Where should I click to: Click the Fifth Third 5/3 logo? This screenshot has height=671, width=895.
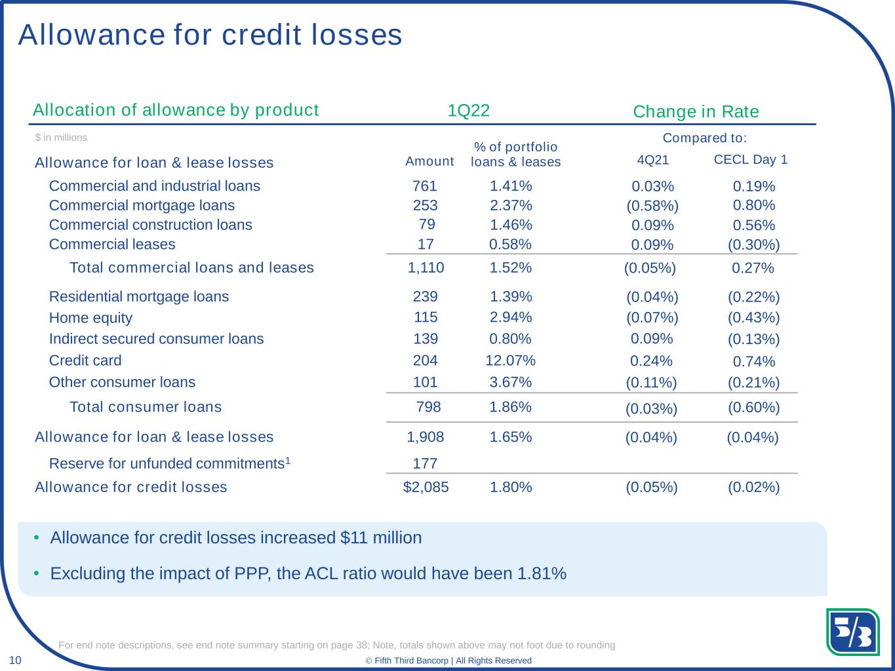(x=852, y=632)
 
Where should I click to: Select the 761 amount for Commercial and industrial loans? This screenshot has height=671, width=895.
(x=425, y=186)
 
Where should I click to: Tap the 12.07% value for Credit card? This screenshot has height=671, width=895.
(x=510, y=360)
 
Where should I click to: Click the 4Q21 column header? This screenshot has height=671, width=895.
(x=653, y=160)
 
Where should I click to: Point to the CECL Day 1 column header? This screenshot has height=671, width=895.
(x=751, y=159)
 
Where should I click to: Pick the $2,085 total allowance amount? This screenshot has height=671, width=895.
(x=426, y=488)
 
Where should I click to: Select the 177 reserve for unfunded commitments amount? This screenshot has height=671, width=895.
(x=425, y=464)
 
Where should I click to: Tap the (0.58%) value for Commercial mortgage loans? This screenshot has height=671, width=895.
(x=652, y=206)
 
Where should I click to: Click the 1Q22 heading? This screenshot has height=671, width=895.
(x=469, y=111)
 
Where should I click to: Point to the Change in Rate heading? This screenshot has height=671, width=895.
(x=696, y=111)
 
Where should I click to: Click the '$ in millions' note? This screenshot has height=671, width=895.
(x=61, y=138)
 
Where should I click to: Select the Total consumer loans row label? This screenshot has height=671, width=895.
(x=146, y=407)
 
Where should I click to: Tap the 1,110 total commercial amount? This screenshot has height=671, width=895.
(x=426, y=267)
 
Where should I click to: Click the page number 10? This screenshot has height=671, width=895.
(x=15, y=661)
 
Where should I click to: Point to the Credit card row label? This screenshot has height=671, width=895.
(x=85, y=360)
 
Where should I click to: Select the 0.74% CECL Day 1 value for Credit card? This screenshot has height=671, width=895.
(x=753, y=361)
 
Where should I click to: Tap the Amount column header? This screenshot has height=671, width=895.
(x=429, y=162)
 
